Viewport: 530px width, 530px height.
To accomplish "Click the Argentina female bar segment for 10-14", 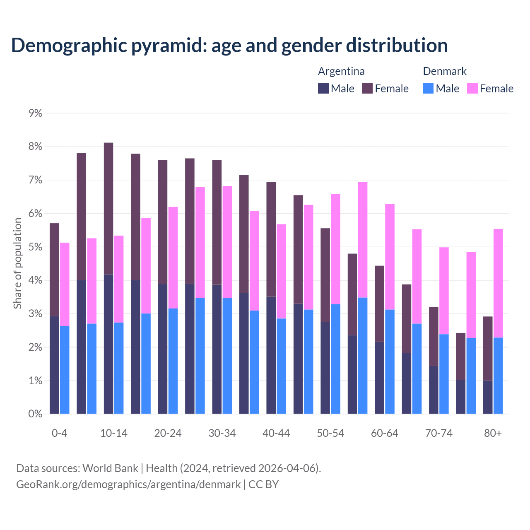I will pyautogui.click(x=108, y=208).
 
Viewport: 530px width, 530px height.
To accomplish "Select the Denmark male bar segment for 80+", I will pyautogui.click(x=498, y=376).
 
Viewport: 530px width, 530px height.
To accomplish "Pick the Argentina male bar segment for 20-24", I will pyautogui.click(x=163, y=349).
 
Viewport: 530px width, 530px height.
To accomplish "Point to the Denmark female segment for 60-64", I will pyautogui.click(x=390, y=257).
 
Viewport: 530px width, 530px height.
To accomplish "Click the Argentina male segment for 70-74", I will pyautogui.click(x=434, y=390).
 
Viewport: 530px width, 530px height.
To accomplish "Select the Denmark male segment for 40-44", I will pyautogui.click(x=282, y=366).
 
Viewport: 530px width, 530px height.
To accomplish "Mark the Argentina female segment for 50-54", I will pyautogui.click(x=325, y=275).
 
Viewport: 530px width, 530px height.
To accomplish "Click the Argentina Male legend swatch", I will pyautogui.click(x=323, y=88).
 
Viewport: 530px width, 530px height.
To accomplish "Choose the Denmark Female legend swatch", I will pyautogui.click(x=472, y=88).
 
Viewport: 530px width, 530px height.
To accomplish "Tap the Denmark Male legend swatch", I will pyautogui.click(x=428, y=88).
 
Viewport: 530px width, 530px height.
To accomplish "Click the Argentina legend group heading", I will pyautogui.click(x=341, y=71).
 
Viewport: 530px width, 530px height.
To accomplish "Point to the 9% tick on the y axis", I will pyautogui.click(x=36, y=113).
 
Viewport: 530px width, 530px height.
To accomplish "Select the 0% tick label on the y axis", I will pyautogui.click(x=36, y=414).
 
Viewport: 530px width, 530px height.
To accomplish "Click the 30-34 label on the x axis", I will pyautogui.click(x=222, y=433).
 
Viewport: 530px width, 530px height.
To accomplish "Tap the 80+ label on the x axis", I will pyautogui.click(x=493, y=433).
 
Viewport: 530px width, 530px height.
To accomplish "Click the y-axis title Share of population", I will pyautogui.click(x=17, y=263).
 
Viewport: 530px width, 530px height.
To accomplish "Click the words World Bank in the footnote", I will pyautogui.click(x=110, y=468).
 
